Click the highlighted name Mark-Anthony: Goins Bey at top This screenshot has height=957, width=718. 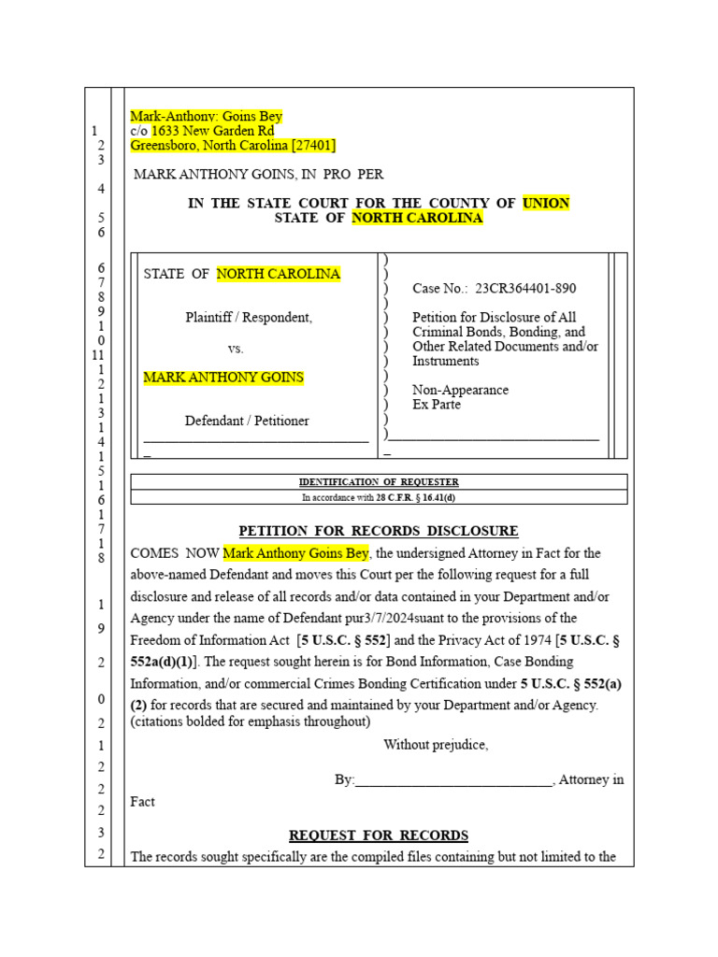pos(206,117)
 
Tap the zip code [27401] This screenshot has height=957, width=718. pos(313,146)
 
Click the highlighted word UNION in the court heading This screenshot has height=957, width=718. pos(546,203)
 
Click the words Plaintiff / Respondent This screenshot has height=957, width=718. pos(249,318)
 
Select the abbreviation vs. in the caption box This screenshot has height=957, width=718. pos(236,348)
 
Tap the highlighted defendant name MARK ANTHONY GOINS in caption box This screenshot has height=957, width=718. pos(223,378)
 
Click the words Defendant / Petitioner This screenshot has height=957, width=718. pos(247,421)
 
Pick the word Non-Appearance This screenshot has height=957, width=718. pos(460,391)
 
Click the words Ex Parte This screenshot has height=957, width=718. pos(437,405)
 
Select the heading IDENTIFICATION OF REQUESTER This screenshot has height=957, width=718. pos(379,482)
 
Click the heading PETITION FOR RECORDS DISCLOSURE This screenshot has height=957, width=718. pos(379,531)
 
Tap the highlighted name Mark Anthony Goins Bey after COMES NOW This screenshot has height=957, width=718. pos(296,553)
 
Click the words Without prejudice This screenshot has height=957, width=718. pos(436,745)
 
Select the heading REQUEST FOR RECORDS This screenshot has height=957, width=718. pos(379,836)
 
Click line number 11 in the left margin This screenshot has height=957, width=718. pos(98,355)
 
